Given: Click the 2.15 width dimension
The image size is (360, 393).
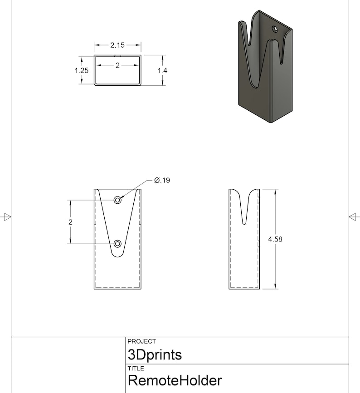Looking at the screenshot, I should click(117, 45).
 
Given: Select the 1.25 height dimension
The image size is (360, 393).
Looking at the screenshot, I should click(82, 70).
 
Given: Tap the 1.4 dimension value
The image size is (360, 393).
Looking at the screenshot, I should click(162, 70).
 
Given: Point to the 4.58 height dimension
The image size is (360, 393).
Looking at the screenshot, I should click(275, 239).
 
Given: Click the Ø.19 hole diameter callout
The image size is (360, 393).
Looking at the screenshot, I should click(162, 180).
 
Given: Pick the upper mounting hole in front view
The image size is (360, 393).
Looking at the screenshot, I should click(118, 200).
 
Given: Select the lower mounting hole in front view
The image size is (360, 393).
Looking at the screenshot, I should click(118, 244).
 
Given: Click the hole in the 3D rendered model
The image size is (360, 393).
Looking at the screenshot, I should click(275, 29).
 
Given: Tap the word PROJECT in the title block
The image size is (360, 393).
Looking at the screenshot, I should click(141, 341).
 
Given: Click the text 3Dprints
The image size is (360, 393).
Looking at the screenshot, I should click(155, 354).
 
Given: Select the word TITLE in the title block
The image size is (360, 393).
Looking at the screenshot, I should click(136, 368).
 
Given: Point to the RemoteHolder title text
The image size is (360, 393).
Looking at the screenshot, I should click(175, 380).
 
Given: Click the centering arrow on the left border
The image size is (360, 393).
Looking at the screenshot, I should click(6, 217).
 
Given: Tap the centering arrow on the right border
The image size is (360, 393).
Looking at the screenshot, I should click(354, 217).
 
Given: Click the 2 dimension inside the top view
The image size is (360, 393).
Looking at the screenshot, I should click(117, 65).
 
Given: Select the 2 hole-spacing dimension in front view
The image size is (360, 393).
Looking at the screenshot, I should click(71, 222).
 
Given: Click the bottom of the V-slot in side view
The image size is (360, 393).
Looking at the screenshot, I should click(245, 223).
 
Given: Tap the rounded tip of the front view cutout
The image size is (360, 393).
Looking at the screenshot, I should click(118, 255).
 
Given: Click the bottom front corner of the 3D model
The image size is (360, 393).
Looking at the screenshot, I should click(271, 122).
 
